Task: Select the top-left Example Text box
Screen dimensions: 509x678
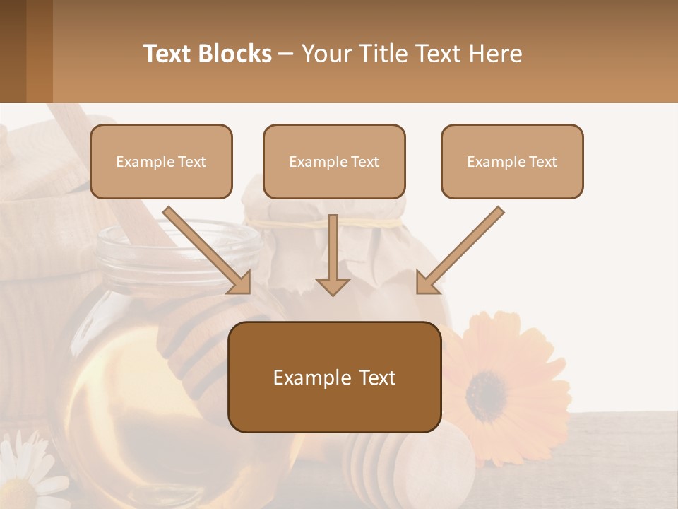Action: pyautogui.click(x=161, y=162)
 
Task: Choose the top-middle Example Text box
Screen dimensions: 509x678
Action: pyautogui.click(x=334, y=162)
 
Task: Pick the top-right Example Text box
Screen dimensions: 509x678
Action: pyautogui.click(x=512, y=162)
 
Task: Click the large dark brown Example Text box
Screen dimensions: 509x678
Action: pyautogui.click(x=334, y=378)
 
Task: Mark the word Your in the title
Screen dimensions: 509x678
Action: pyautogui.click(x=326, y=54)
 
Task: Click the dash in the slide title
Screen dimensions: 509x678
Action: pyautogui.click(x=286, y=54)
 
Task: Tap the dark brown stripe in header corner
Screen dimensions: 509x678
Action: pyautogui.click(x=13, y=51)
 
